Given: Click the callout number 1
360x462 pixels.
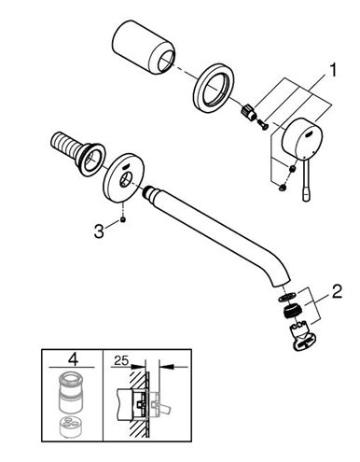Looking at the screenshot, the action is (332, 70).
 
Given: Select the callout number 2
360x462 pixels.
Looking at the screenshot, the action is (337, 291).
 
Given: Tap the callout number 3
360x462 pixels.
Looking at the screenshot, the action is (99, 231).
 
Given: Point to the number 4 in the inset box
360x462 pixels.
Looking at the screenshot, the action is (73, 359).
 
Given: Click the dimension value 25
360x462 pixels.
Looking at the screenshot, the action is (120, 360).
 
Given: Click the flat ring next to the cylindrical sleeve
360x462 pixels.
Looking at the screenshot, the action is (215, 87).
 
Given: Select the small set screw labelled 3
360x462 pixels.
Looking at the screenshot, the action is (123, 220).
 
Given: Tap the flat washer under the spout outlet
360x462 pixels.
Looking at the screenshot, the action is (285, 298).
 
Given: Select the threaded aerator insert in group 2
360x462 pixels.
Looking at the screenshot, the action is (291, 312).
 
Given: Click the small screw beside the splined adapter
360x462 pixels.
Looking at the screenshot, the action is (263, 126).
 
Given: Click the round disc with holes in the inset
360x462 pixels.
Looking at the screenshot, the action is (71, 427).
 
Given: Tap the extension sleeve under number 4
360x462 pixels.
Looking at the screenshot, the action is (71, 394).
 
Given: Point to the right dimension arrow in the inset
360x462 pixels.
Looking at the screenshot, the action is (173, 368).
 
